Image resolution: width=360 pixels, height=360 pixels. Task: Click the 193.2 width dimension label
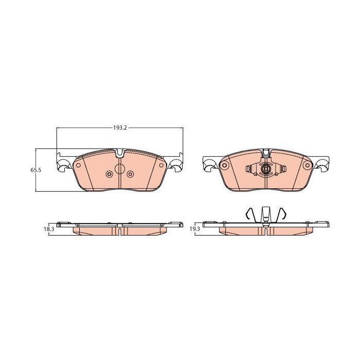pos(120,128)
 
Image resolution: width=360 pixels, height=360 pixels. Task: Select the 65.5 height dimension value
pos(36,170)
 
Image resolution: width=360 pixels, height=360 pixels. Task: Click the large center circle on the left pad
pos(120,169)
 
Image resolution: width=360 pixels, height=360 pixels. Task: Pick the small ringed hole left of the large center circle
pos(109,174)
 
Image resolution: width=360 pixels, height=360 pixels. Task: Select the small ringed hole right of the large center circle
pos(130,174)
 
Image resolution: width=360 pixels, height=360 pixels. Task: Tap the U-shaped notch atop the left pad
pos(120,153)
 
